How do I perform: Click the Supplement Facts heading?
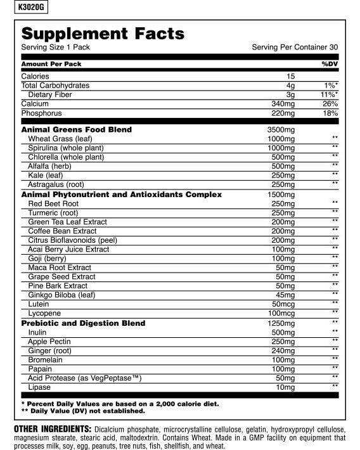click(x=103, y=34)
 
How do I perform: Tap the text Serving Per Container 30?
click(x=295, y=48)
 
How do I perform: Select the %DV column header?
click(x=330, y=64)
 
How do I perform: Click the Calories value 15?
click(x=290, y=76)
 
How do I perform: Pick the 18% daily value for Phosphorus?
click(x=330, y=113)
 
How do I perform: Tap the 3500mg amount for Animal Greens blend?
click(x=281, y=129)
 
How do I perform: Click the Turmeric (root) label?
click(x=53, y=213)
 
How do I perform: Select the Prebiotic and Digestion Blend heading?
click(x=83, y=323)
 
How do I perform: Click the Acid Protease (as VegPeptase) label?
click(x=84, y=378)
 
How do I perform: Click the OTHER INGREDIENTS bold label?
click(x=53, y=429)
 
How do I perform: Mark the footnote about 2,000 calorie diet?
click(x=120, y=403)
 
